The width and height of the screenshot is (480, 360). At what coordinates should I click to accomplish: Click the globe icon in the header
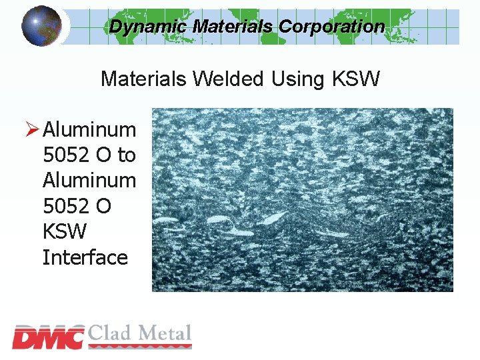click(41, 25)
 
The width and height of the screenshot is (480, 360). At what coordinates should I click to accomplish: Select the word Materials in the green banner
click(233, 27)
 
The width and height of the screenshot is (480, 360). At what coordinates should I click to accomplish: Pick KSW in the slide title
click(355, 79)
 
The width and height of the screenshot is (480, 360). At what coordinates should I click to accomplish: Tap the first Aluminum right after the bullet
click(89, 129)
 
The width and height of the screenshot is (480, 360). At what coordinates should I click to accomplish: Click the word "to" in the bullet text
click(126, 155)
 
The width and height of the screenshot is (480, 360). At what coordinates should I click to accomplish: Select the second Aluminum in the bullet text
click(89, 181)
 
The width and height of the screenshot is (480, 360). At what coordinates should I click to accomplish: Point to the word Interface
click(85, 257)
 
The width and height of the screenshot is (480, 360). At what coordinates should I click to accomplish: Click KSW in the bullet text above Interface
click(65, 232)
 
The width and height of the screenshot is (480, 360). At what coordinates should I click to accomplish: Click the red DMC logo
click(48, 337)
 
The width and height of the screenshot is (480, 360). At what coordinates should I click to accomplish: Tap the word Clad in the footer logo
click(111, 333)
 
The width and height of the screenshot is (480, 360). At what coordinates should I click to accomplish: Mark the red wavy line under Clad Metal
click(139, 347)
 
